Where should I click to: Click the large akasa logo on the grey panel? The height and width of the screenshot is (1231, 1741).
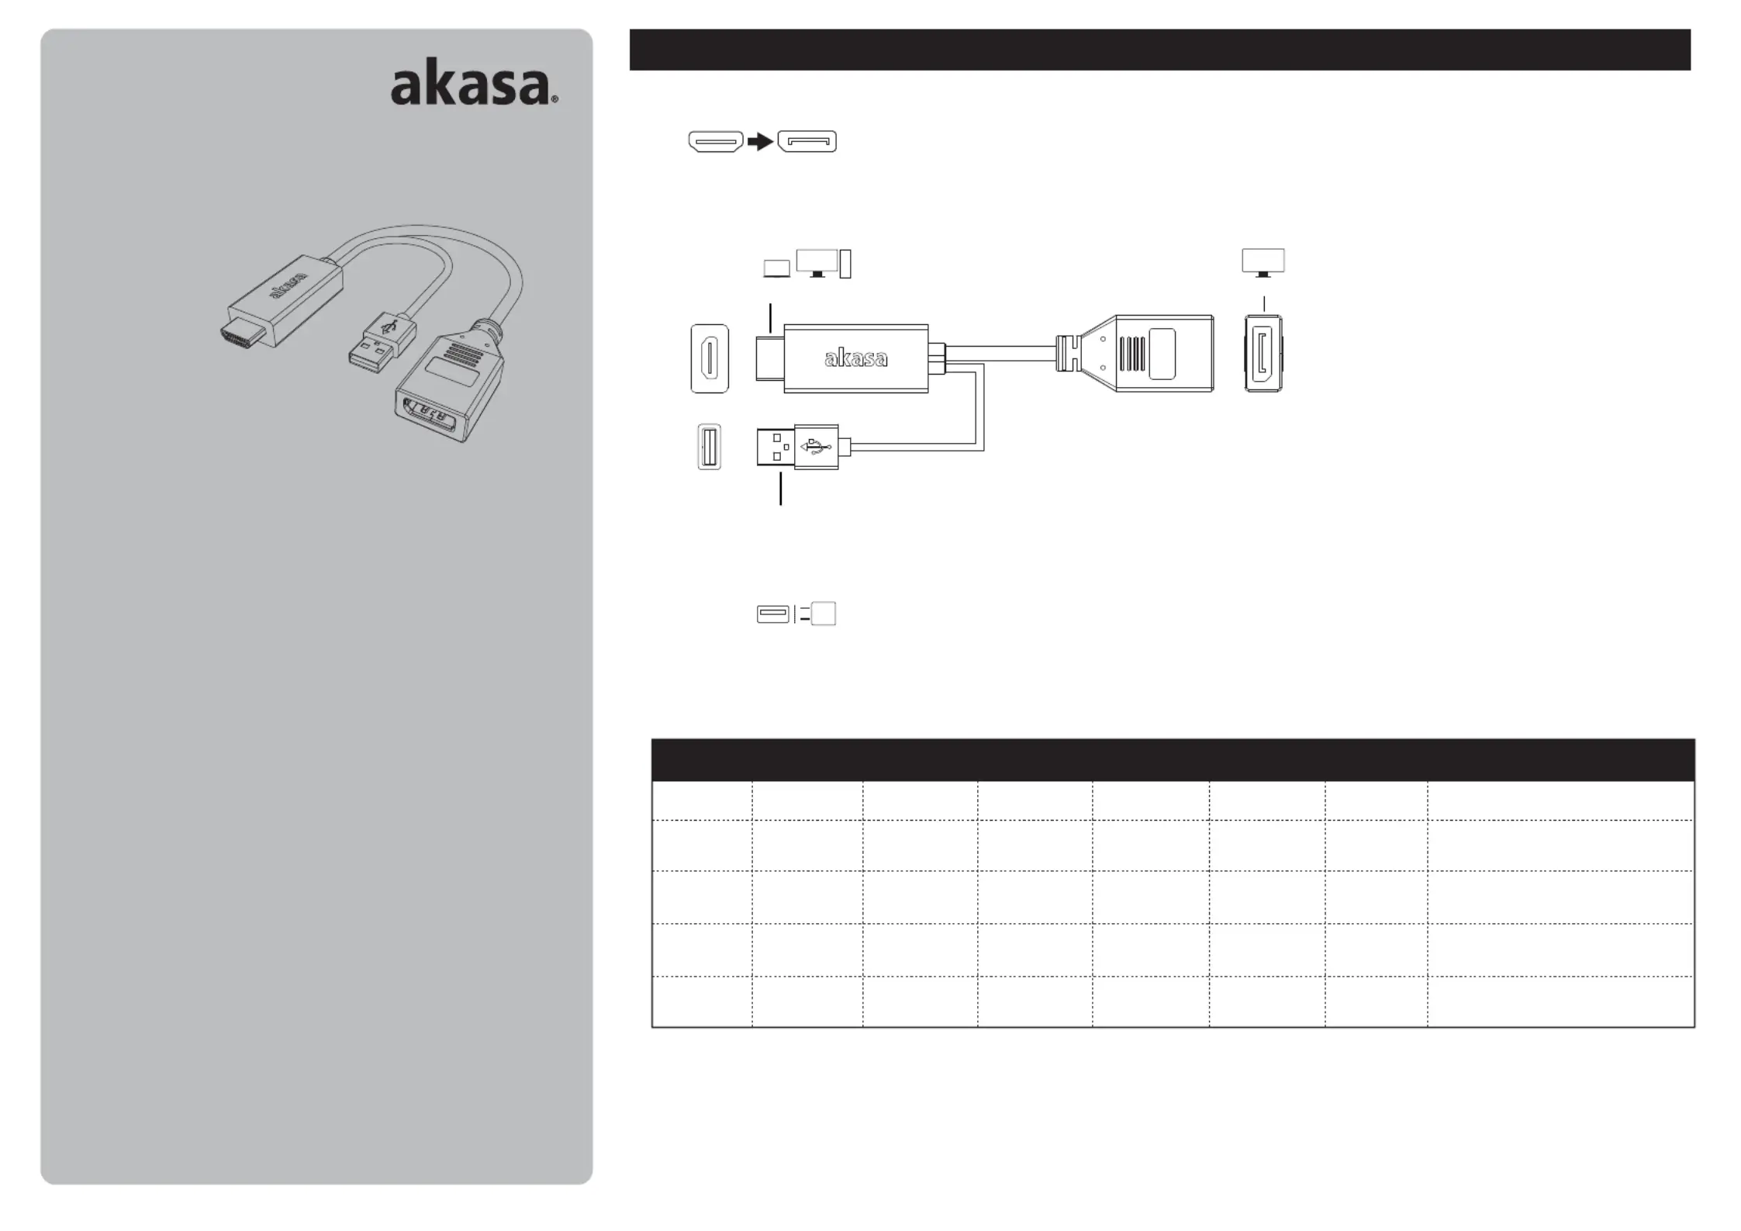tap(470, 86)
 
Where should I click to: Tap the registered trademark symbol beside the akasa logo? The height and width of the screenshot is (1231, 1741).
tap(554, 99)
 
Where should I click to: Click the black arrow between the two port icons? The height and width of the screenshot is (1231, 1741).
tap(761, 142)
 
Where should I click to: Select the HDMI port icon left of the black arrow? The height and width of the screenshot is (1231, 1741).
tap(716, 142)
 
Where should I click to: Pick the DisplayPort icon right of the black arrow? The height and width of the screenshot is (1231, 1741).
tap(807, 142)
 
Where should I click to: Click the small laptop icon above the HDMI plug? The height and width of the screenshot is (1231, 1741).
tap(776, 268)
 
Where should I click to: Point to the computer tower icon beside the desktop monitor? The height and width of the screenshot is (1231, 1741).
tap(845, 264)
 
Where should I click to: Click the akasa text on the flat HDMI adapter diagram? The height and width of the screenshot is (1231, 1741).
tap(856, 358)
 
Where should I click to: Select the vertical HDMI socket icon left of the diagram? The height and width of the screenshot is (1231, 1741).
tap(710, 358)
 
